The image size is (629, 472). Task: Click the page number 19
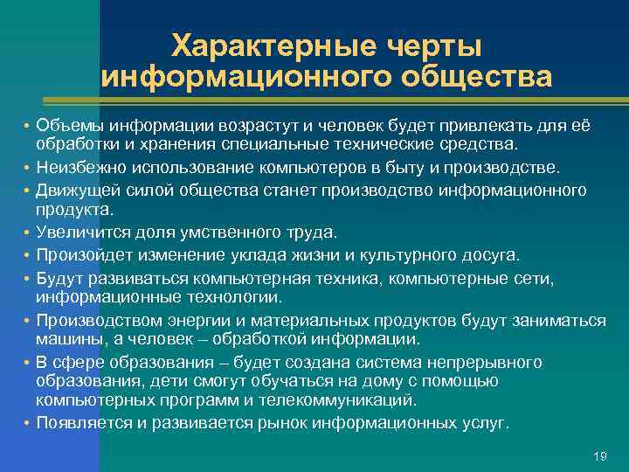[599, 456]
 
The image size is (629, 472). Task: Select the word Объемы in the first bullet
[62, 126]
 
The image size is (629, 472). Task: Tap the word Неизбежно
[73, 165]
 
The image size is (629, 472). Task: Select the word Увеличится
[77, 233]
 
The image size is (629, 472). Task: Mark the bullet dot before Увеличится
[27, 233]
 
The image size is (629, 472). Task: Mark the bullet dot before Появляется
[27, 422]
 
